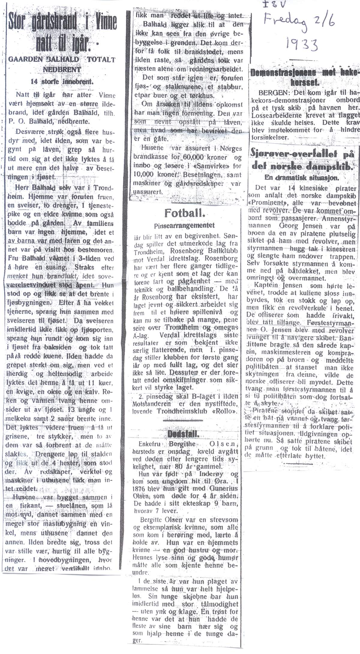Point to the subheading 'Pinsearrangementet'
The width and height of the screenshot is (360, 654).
tap(184, 225)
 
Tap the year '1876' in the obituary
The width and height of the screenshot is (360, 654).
tap(141, 488)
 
